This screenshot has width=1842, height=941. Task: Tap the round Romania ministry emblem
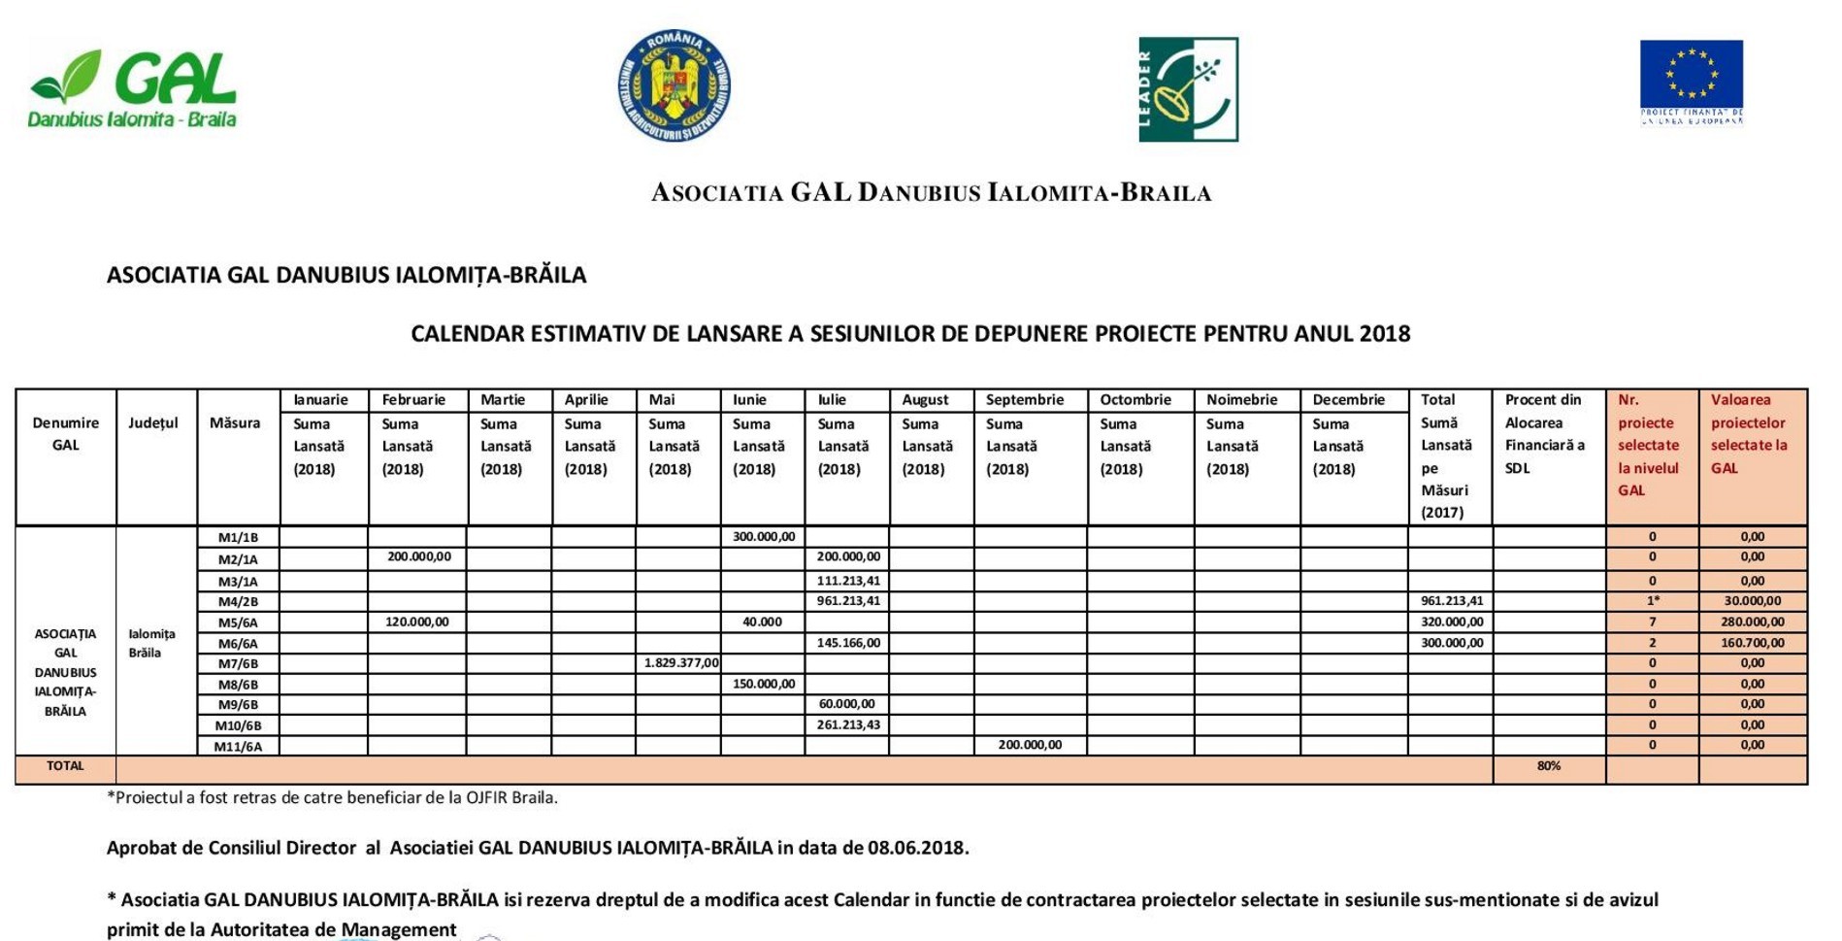[x=674, y=85]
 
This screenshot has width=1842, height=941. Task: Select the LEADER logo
[x=1188, y=89]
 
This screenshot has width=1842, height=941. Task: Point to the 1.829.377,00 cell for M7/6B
[x=681, y=663]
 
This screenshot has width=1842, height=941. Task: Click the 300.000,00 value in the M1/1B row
[x=764, y=537]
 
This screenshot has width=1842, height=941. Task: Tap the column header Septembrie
[x=1025, y=400]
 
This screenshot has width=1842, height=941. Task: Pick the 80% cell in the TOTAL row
[x=1549, y=766]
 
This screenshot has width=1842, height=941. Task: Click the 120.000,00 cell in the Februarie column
[x=418, y=622]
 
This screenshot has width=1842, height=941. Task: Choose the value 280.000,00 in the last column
[x=1752, y=622]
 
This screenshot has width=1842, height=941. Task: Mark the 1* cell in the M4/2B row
[x=1652, y=601]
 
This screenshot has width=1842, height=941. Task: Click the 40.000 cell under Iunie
[x=763, y=622]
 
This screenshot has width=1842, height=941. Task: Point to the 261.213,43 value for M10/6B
[x=848, y=724]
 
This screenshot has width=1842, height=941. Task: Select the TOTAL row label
[x=65, y=766]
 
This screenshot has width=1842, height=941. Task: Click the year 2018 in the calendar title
[x=1384, y=334]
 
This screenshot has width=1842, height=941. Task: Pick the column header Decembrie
[x=1348, y=400]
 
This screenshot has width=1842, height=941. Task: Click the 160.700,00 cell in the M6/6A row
[x=1752, y=643]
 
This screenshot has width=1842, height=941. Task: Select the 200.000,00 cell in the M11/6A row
[x=1030, y=745]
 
